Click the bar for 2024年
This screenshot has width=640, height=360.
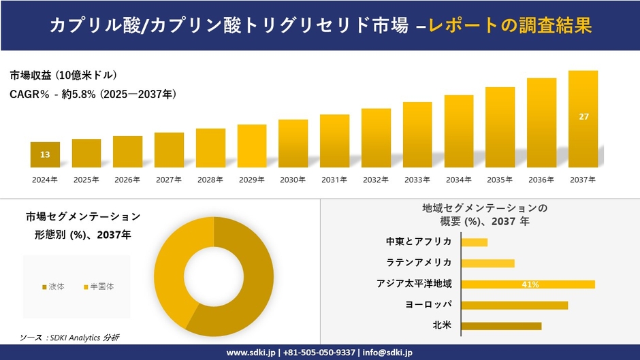tap(45, 154)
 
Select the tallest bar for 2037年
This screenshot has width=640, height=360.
tap(583, 119)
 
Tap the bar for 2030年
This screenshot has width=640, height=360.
tap(293, 144)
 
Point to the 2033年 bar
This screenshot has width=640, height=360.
tap(417, 135)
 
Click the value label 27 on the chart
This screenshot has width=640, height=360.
tap(583, 117)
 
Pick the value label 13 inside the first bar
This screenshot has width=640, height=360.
tap(45, 155)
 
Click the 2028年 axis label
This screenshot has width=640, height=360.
tap(210, 180)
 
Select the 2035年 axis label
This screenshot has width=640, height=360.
tap(500, 180)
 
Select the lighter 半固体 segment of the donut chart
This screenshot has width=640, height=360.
tap(174, 259)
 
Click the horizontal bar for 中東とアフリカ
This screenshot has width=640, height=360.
tap(475, 242)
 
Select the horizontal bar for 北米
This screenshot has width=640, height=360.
tap(501, 326)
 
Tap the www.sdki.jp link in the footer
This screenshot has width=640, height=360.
tap(250, 353)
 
